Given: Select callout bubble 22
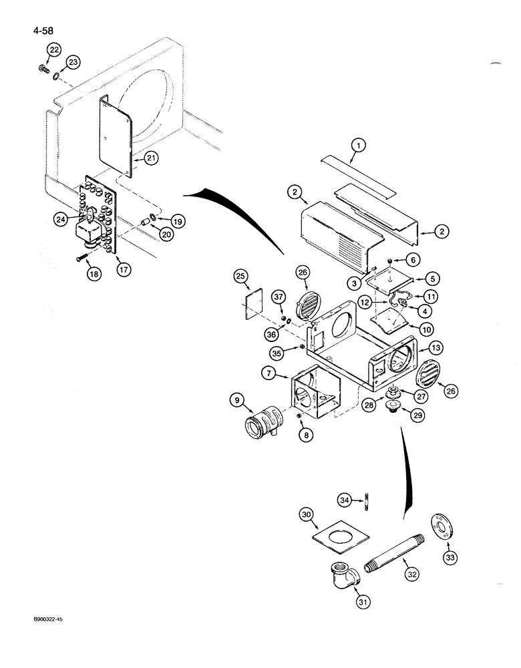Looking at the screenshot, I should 53,49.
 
